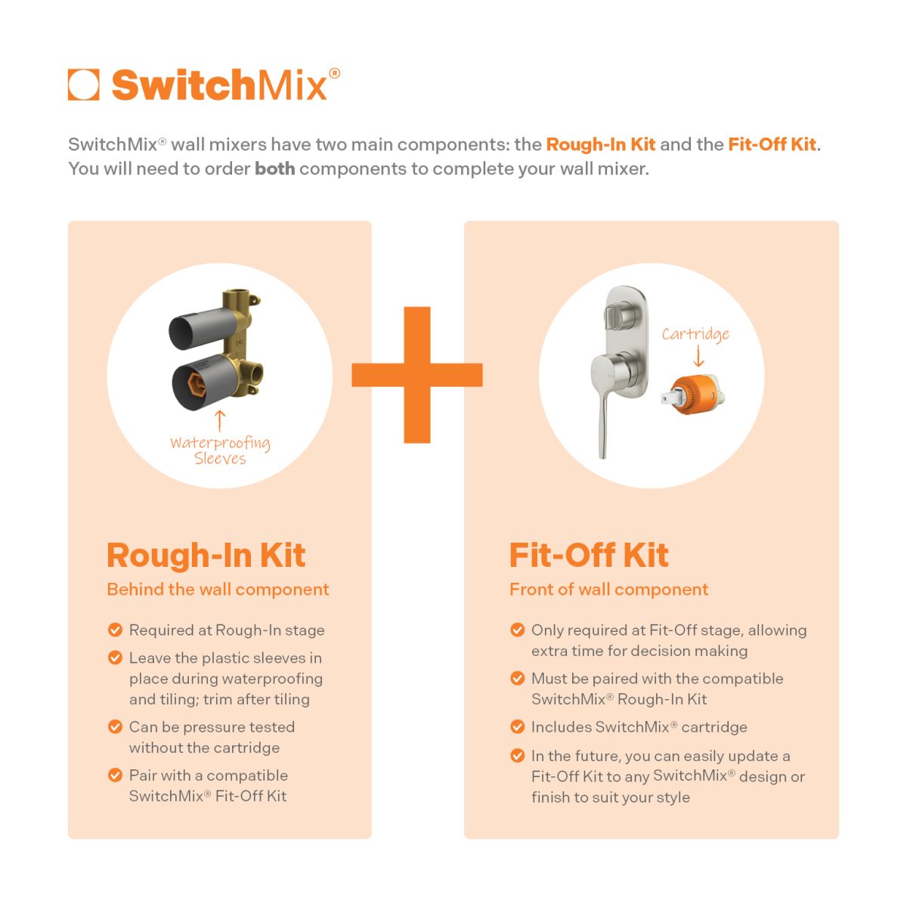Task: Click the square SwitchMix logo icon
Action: [83, 85]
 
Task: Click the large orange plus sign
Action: [417, 375]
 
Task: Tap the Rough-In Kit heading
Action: [206, 555]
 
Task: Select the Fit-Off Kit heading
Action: [589, 555]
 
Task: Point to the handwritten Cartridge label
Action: [695, 334]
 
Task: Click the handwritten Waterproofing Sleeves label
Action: [220, 450]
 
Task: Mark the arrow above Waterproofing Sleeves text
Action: [220, 419]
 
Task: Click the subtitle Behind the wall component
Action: [218, 590]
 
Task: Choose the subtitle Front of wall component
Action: [608, 590]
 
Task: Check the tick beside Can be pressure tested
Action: [116, 727]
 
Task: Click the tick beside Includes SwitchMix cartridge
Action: [518, 727]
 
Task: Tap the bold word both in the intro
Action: [274, 169]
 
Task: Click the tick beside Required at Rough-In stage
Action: [116, 630]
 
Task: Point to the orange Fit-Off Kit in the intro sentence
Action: [772, 144]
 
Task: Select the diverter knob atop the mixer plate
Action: [618, 313]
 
